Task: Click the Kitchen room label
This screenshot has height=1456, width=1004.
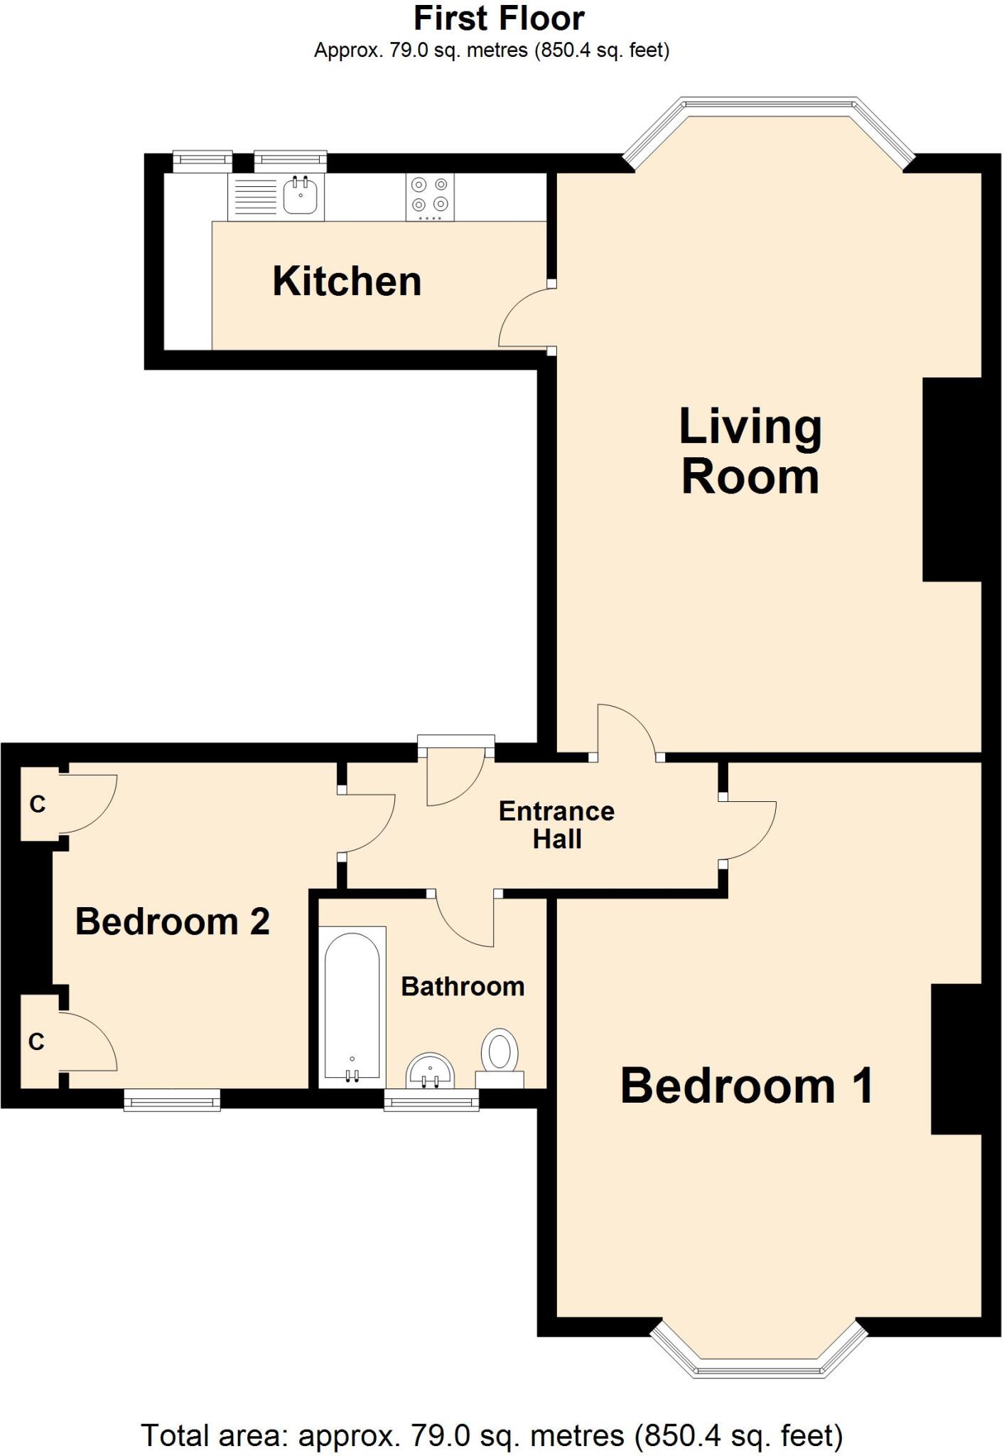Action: pos(347,282)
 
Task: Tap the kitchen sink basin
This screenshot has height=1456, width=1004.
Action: pos(301,196)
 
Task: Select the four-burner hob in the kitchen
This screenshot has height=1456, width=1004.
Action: pos(430,197)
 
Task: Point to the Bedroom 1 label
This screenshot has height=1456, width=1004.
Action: pos(746,1086)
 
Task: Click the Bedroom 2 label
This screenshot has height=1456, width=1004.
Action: pos(173,922)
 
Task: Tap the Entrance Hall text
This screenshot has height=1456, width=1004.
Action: pos(556,825)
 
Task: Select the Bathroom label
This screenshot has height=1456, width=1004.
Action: pos(463,987)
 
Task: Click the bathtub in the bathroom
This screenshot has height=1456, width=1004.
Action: pos(352,1007)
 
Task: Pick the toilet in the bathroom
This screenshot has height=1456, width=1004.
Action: pos(500,1056)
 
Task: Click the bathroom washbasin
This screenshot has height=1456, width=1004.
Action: pos(430,1071)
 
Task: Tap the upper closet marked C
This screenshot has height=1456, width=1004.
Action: pos(38,804)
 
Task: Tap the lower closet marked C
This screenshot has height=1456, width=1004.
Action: pos(37,1042)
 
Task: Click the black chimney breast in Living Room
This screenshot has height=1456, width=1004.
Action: pos(951,480)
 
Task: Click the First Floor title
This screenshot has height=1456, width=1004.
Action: pos(499,19)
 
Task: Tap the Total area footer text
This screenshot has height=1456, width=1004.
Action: pos(492,1435)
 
